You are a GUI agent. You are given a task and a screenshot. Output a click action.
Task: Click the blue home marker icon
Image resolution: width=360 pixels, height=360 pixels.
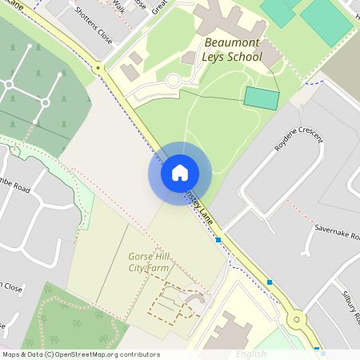[180, 172]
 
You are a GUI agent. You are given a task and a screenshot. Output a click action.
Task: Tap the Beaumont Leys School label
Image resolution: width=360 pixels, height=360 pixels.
[232, 50]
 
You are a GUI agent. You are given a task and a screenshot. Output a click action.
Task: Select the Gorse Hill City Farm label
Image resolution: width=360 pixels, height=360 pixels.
[154, 262]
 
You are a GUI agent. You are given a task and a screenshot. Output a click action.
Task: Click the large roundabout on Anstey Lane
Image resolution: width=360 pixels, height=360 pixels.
[298, 321]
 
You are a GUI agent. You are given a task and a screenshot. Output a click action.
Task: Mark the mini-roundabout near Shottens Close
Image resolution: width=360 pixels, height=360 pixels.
[98, 69]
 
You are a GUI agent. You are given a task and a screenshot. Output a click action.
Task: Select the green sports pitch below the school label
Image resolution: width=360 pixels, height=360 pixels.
[262, 98]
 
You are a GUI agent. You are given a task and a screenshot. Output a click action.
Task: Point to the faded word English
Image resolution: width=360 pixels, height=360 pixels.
[250, 354]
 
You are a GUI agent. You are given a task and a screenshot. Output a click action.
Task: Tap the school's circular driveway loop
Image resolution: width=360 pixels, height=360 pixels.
[173, 79]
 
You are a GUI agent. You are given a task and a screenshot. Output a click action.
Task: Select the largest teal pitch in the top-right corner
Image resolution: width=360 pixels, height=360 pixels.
[326, 20]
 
